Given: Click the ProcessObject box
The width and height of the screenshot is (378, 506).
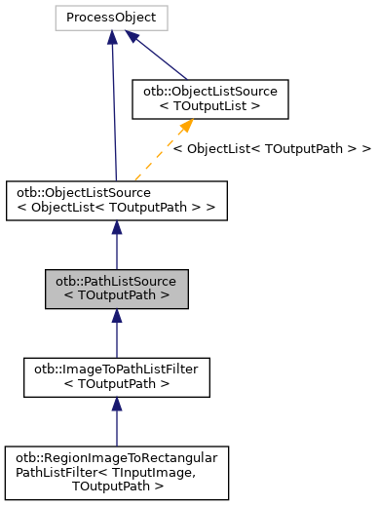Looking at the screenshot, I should pyautogui.click(x=111, y=18).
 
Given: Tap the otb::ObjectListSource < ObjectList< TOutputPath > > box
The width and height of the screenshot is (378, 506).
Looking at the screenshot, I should pyautogui.click(x=117, y=199).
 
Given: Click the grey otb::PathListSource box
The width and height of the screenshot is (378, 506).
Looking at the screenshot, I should pyautogui.click(x=116, y=289).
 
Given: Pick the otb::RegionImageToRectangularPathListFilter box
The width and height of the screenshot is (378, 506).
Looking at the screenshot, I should pyautogui.click(x=117, y=472).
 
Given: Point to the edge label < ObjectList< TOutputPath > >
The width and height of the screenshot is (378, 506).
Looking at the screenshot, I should pyautogui.click(x=272, y=149).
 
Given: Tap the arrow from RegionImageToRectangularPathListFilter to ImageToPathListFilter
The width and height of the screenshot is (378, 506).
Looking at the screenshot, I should pyautogui.click(x=117, y=423).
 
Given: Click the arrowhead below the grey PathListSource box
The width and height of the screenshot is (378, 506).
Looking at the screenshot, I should pyautogui.click(x=117, y=316).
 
